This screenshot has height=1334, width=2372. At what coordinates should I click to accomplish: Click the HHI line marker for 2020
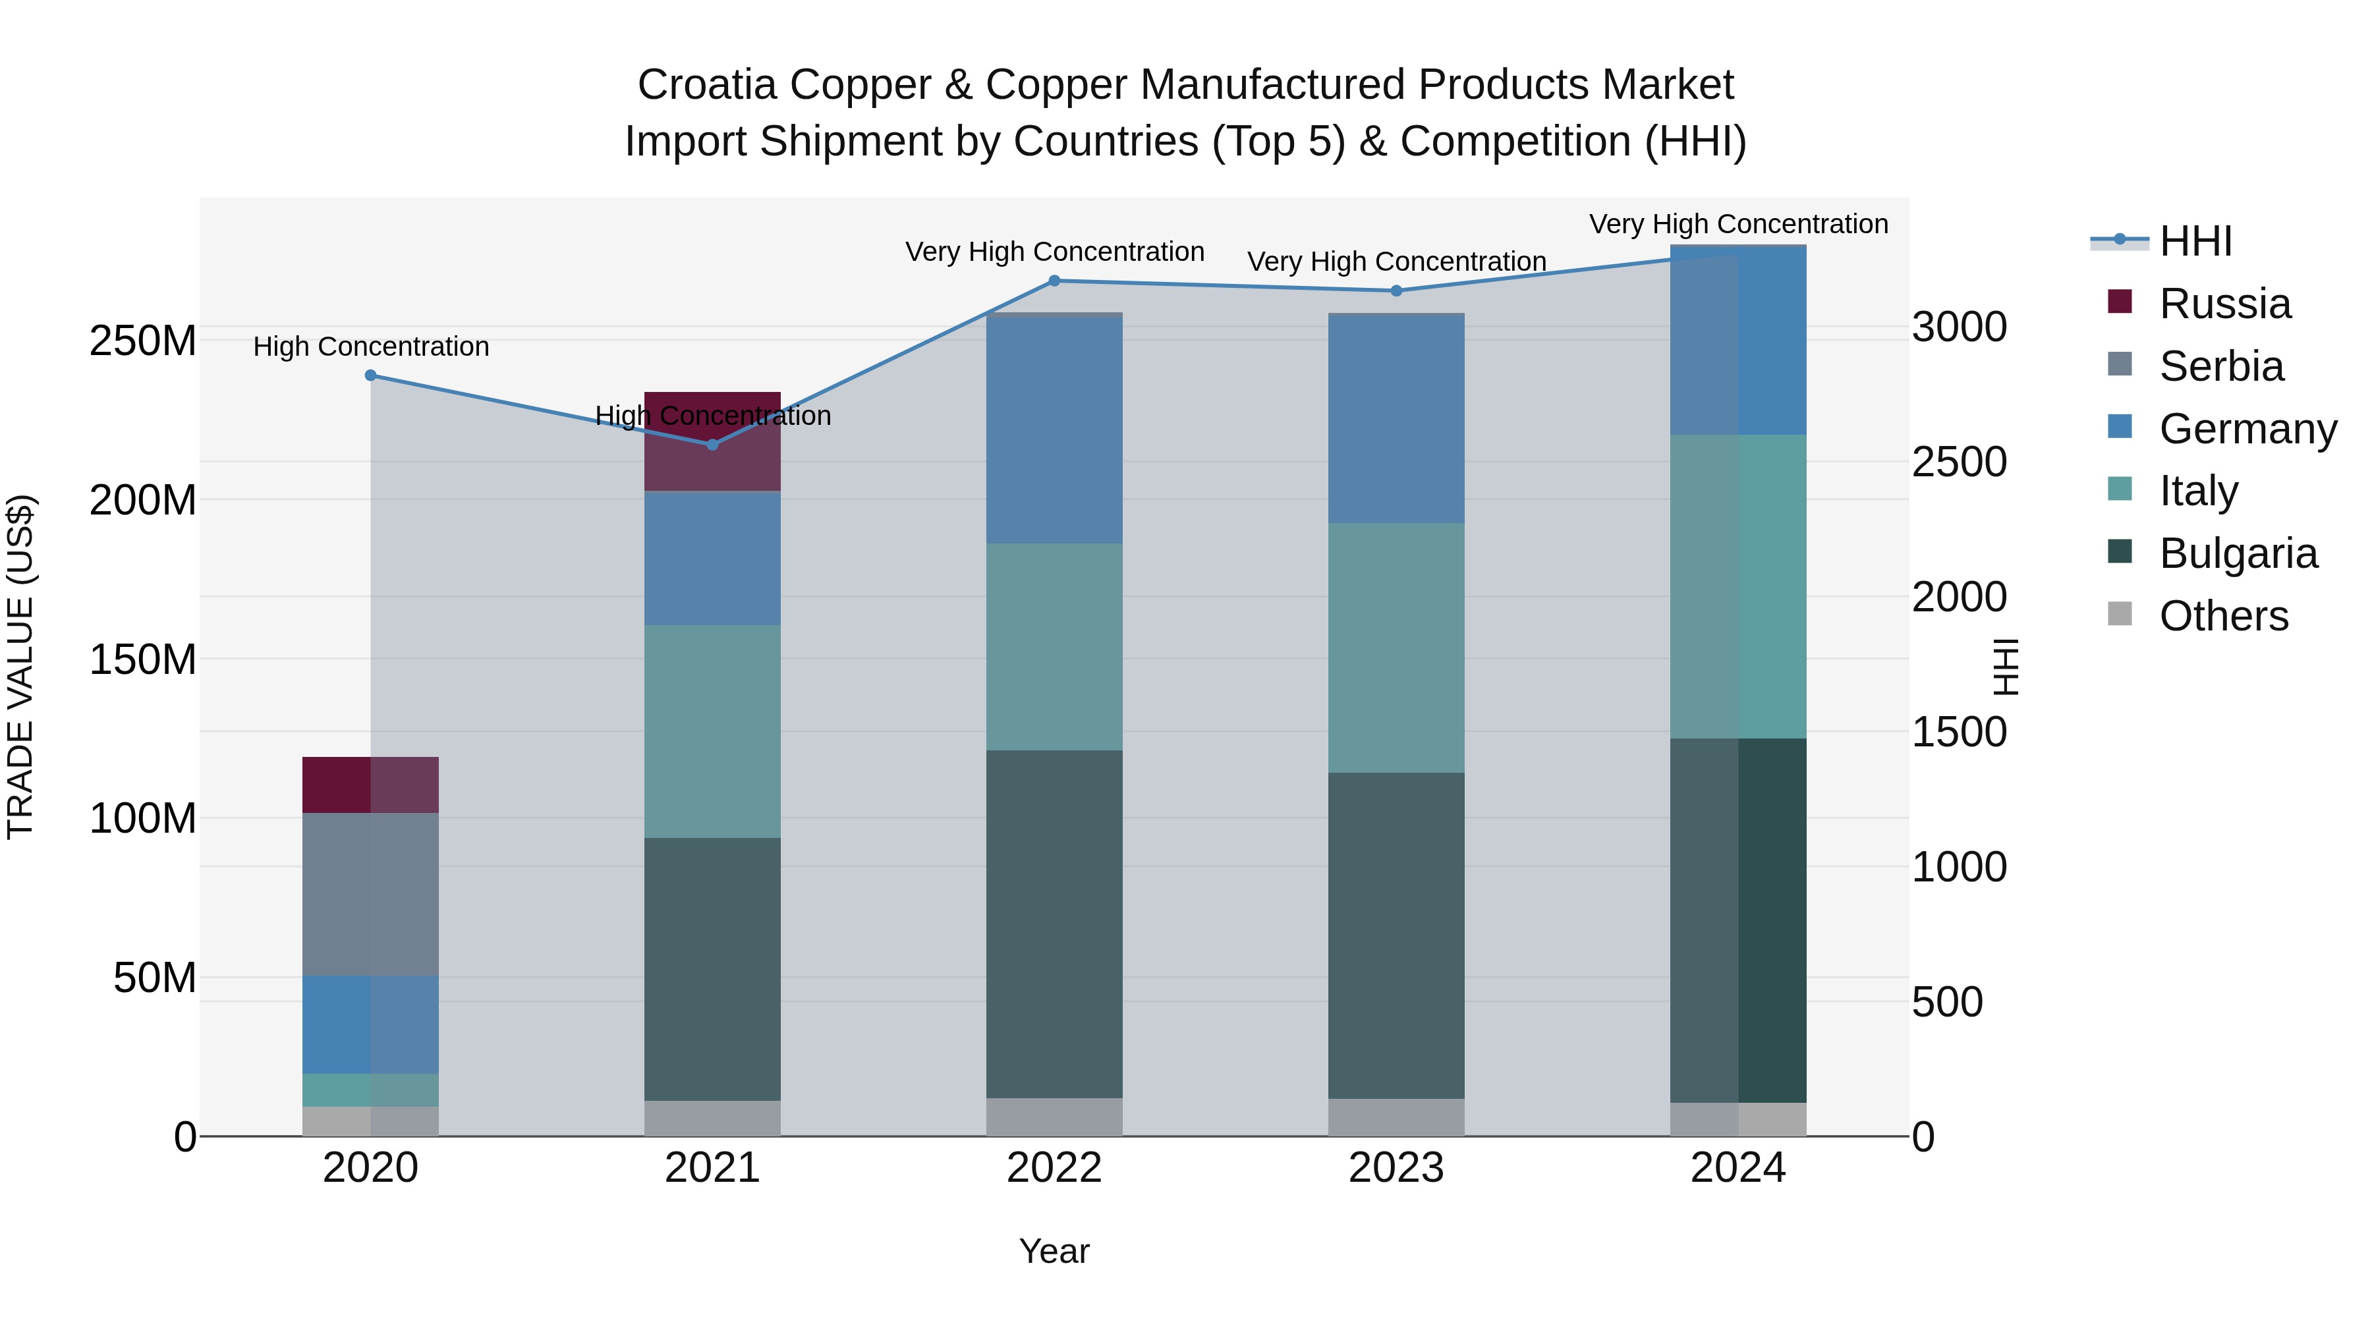[370, 375]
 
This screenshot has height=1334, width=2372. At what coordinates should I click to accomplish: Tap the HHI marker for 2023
[1396, 291]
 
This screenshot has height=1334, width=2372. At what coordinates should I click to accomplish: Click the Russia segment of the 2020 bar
[370, 785]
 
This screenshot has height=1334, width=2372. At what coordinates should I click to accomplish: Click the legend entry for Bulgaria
[2238, 553]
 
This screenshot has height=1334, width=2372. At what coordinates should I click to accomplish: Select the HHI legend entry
[2195, 241]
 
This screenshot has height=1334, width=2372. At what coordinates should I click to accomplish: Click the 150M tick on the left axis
[143, 660]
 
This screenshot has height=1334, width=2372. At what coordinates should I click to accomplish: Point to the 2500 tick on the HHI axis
[1959, 462]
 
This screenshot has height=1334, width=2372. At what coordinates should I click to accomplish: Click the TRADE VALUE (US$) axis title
[20, 667]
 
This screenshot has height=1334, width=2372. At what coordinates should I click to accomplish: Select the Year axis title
[1054, 1251]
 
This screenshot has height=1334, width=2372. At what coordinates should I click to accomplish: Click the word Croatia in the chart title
[706, 85]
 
